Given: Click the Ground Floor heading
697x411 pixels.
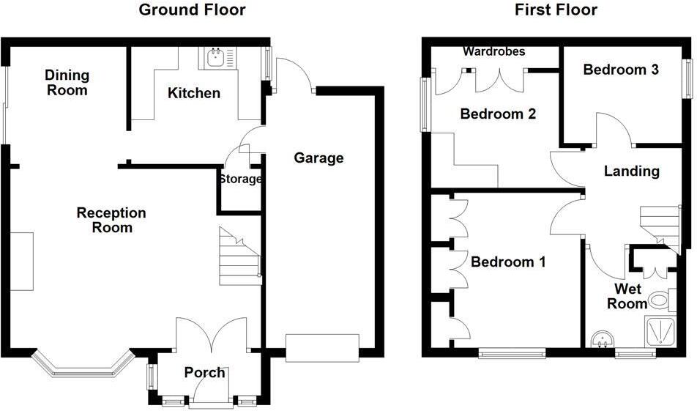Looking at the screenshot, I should coord(192,10).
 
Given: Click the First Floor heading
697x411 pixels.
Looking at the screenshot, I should coord(556,10).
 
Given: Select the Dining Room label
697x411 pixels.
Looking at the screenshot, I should coord(67,83).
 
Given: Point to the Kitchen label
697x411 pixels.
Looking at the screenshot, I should coord(193,93).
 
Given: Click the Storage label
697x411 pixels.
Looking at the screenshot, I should coord(239,179).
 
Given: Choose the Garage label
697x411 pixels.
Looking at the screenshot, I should coord(318,158).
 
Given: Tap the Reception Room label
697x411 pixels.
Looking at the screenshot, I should coord(111,220).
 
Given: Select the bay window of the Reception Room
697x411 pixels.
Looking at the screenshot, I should coord(82,365).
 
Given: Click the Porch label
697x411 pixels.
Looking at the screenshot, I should coord(204,372).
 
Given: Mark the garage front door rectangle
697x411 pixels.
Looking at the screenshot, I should coord(322,347).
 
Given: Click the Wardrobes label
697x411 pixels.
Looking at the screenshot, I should coord(494,51).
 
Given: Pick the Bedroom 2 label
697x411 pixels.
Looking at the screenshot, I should coord(498,114).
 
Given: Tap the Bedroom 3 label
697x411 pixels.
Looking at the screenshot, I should coord(620,70).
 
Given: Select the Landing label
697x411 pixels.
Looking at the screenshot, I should coord(631,171).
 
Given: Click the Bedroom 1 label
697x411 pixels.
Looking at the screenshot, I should coord(508,262).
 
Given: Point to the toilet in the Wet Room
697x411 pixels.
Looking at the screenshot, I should coord(660,299).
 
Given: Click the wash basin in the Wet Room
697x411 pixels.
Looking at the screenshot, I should coord(604,339).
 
